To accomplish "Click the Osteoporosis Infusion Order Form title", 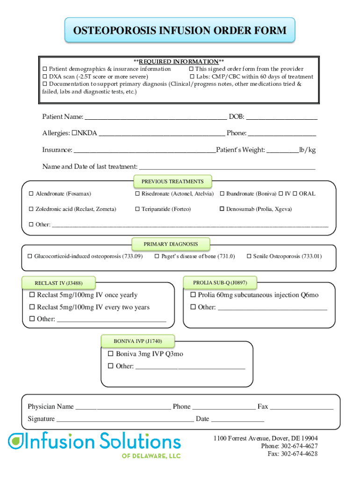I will [180, 31].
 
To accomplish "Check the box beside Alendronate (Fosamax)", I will [31, 194].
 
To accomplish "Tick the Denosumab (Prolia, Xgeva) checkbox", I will [222, 209].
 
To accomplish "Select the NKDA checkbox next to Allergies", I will [74, 133].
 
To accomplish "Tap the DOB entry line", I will [281, 117].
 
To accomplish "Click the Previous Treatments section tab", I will [173, 181].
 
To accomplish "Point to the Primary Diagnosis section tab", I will [171, 244].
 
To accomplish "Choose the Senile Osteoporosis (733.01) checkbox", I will [249, 256].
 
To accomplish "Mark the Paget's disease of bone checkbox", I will [157, 256].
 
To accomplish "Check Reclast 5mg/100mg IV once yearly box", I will [32, 295].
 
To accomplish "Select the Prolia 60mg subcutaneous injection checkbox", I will [193, 295].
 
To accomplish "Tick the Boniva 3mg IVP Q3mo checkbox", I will [111, 354].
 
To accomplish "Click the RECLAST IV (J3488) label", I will [58, 283].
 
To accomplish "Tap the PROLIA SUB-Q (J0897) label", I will [220, 283].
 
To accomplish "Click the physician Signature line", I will [125, 420].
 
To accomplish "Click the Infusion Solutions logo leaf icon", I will [14, 440].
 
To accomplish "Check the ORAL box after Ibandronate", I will [295, 194].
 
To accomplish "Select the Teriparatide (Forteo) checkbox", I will [137, 209].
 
